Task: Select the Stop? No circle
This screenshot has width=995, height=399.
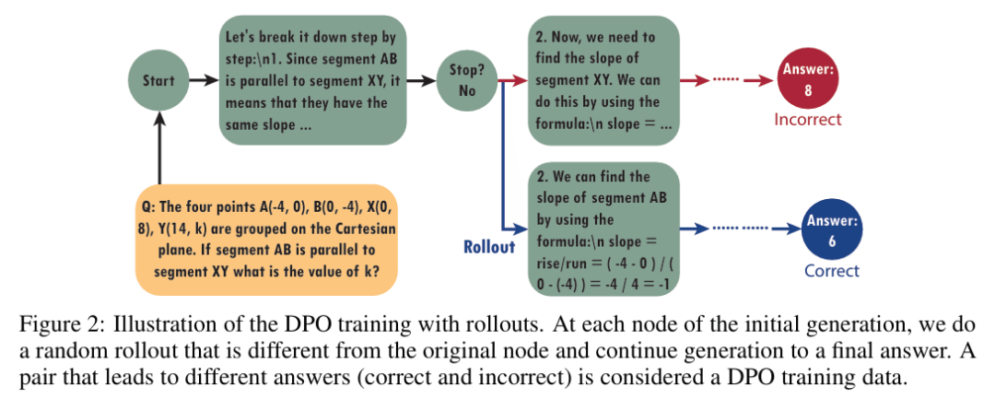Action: [467, 80]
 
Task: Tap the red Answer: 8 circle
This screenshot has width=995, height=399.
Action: [808, 80]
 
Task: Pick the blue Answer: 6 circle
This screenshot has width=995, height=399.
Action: [832, 231]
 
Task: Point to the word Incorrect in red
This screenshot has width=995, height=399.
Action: [808, 119]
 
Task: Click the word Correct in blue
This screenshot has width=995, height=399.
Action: [832, 271]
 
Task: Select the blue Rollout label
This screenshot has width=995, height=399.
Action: [490, 247]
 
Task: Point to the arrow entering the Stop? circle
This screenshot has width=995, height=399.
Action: [421, 80]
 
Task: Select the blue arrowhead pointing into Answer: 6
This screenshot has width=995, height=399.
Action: [792, 229]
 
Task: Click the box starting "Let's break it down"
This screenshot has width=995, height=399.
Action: [312, 81]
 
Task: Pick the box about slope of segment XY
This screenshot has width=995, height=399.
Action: [603, 81]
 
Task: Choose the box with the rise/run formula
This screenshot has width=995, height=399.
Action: [603, 229]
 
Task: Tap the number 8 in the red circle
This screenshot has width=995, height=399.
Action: [808, 90]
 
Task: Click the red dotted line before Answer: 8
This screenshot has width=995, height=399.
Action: [727, 80]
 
